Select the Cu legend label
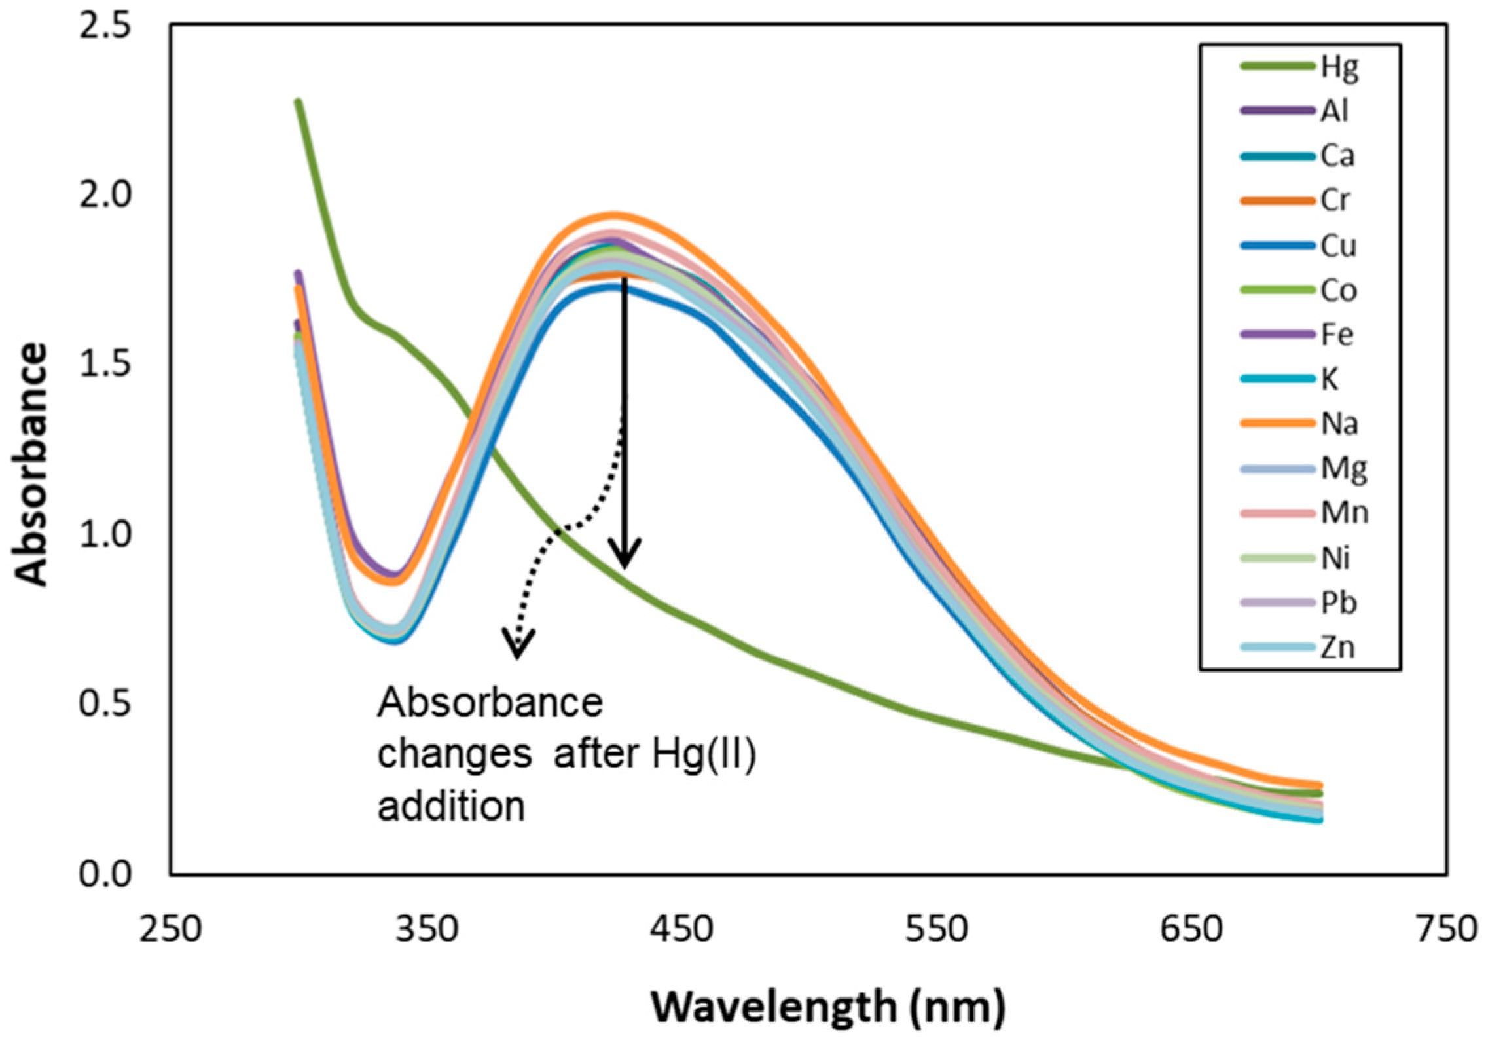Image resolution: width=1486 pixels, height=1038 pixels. click(1338, 246)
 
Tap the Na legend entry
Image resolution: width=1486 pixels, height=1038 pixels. click(1339, 424)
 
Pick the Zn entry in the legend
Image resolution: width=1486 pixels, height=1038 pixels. click(1336, 648)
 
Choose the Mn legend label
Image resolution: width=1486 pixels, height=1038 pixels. click(1344, 513)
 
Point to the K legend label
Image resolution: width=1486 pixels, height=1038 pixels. click(1329, 379)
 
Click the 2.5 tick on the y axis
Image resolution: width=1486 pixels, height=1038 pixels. click(105, 28)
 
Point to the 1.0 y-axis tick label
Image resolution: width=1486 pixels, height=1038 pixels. click(105, 536)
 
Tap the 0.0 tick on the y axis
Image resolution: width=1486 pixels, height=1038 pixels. click(105, 875)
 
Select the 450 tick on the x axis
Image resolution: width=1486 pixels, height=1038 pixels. click(682, 929)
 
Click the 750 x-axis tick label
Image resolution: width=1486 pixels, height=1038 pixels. click(1447, 929)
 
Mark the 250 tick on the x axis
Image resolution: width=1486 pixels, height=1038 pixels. click(170, 929)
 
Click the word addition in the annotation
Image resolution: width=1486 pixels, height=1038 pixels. click(452, 806)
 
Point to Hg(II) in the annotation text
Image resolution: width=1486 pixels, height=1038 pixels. click(704, 754)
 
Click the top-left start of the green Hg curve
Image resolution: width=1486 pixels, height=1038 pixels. click(299, 102)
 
